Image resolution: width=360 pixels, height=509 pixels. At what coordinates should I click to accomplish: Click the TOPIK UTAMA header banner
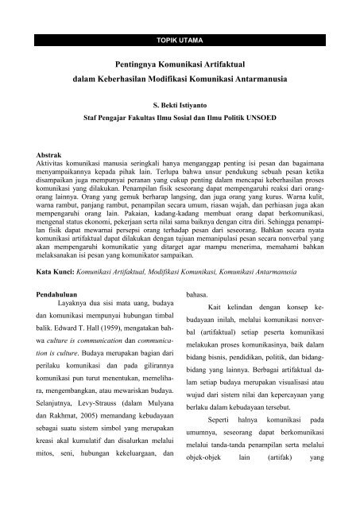point(180,37)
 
